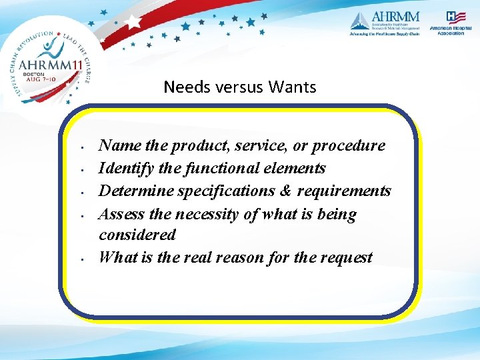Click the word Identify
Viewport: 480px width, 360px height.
click(x=125, y=168)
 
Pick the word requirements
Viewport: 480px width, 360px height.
click(x=344, y=191)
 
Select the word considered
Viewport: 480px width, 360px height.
click(x=137, y=235)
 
